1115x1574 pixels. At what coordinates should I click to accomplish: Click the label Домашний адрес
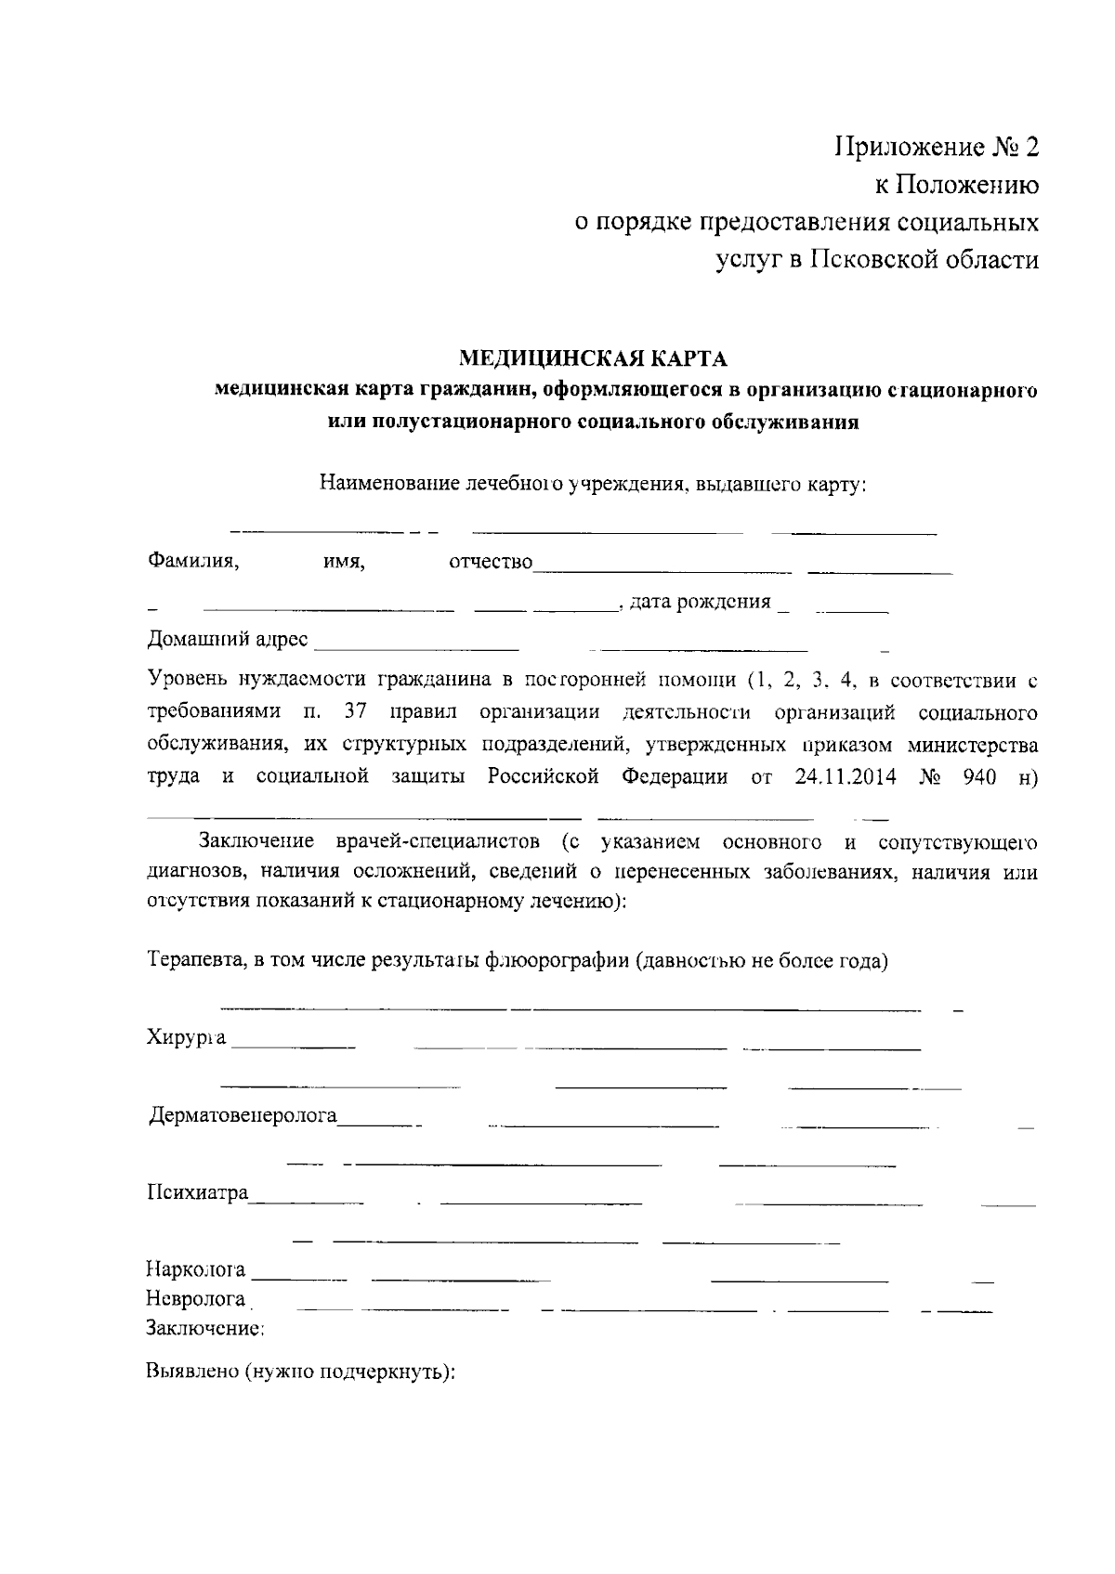(230, 640)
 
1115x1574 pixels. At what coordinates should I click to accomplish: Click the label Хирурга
(187, 1037)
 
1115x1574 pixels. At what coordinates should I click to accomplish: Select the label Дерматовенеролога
(243, 1115)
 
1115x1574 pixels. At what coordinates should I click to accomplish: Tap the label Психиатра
(198, 1192)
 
